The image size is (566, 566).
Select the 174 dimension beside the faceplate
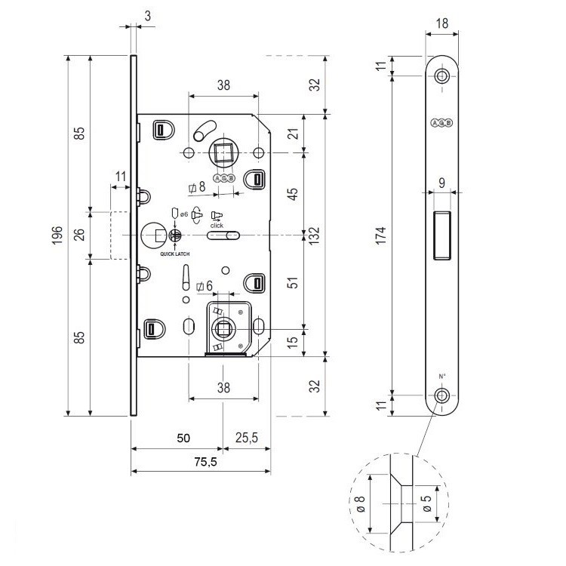383,235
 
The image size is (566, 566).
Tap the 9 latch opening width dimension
441,182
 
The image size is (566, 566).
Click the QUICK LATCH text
174,254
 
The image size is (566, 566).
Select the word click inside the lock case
217,225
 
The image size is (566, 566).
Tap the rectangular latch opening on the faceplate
441,235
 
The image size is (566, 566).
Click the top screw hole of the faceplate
441,75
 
